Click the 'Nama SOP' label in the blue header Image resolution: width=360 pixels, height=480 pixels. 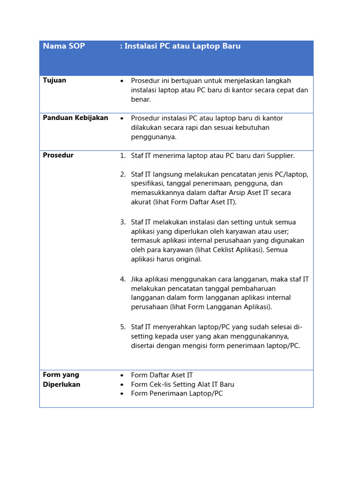point(64,46)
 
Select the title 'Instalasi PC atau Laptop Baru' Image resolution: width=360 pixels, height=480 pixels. point(182,46)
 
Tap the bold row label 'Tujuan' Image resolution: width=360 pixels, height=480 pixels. point(54,80)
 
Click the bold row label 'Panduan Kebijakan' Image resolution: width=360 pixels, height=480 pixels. point(75,118)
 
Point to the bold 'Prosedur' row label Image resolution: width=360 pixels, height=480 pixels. point(58,155)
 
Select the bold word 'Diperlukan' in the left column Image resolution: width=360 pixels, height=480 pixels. point(61,384)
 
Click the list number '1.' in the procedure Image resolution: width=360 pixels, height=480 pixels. point(123,156)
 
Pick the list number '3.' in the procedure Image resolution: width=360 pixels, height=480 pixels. point(123,222)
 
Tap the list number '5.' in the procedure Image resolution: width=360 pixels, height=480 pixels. point(123,327)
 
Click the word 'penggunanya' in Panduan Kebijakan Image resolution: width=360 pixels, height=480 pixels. point(153,137)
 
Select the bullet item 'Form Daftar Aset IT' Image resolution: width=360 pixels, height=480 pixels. point(162,375)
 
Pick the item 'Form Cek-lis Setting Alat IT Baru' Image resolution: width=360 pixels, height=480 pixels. point(182,384)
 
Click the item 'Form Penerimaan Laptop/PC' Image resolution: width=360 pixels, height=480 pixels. point(177,393)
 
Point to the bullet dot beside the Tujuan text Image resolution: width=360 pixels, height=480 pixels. point(122,81)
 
